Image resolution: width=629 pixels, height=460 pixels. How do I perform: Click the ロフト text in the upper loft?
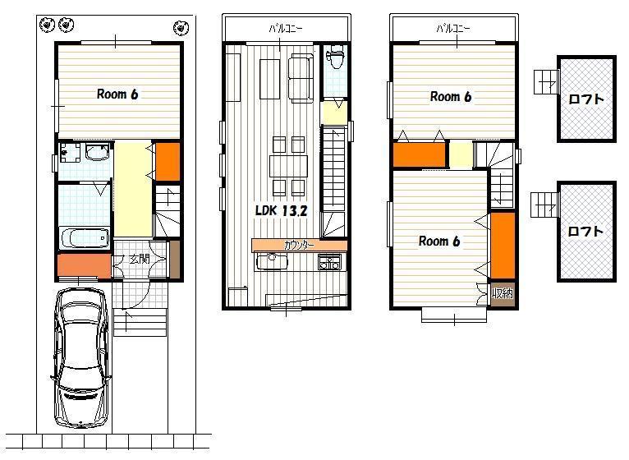click(x=586, y=99)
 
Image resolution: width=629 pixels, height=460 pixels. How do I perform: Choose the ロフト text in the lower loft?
click(x=586, y=232)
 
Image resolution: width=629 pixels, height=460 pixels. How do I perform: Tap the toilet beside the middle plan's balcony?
click(x=334, y=61)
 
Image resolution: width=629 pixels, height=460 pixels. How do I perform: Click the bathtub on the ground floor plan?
click(x=85, y=238)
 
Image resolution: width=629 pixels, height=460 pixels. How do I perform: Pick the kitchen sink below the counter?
click(x=271, y=262)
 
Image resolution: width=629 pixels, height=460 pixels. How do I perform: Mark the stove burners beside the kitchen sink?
click(x=330, y=263)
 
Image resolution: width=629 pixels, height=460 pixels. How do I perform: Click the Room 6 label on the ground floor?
click(x=117, y=94)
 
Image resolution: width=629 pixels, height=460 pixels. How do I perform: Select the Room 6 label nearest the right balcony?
click(x=451, y=96)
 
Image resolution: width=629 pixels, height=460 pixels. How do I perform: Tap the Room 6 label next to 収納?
click(x=439, y=241)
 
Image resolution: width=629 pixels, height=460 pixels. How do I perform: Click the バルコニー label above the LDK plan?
click(x=287, y=29)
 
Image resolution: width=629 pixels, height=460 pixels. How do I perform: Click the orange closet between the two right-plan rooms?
click(x=419, y=154)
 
